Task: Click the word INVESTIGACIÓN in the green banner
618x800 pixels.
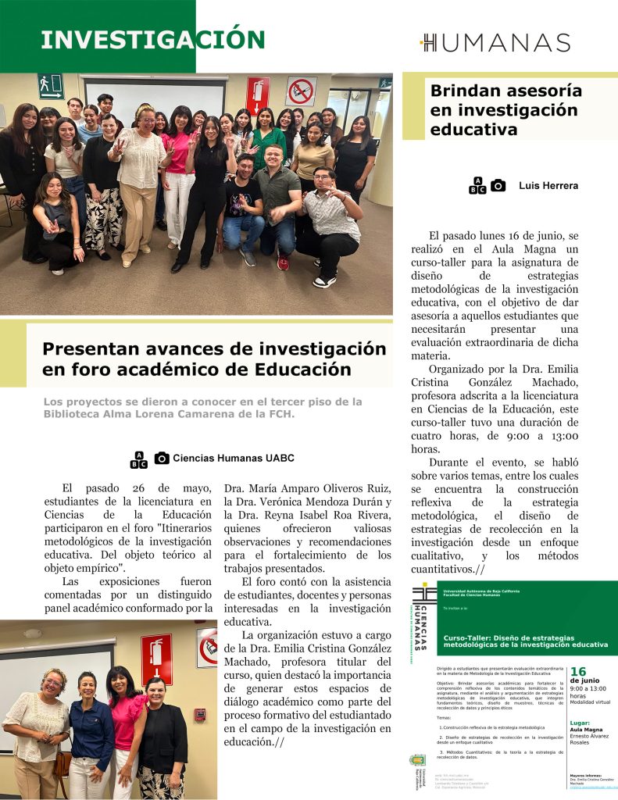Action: coord(153,39)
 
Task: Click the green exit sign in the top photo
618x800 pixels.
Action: coord(51,85)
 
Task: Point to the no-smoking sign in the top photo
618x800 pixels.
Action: coord(301,91)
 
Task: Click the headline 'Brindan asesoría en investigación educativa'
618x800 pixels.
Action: coord(505,110)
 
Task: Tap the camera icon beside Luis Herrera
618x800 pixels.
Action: coord(498,186)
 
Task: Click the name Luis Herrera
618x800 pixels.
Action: coord(548,186)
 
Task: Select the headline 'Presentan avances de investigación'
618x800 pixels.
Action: coord(214,359)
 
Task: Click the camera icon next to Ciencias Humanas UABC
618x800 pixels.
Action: coord(162,459)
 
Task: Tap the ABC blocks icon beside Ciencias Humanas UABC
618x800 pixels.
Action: coord(138,459)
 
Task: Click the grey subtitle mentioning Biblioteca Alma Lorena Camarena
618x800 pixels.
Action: coord(202,408)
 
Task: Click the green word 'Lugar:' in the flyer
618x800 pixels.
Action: coord(580,723)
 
